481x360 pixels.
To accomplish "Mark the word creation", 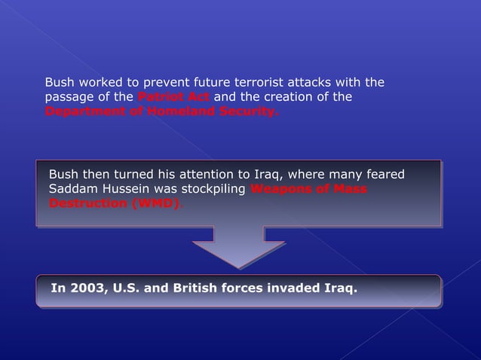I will pyautogui.click(x=306, y=97).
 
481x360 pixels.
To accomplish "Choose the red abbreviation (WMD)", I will pyautogui.click(x=154, y=203).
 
